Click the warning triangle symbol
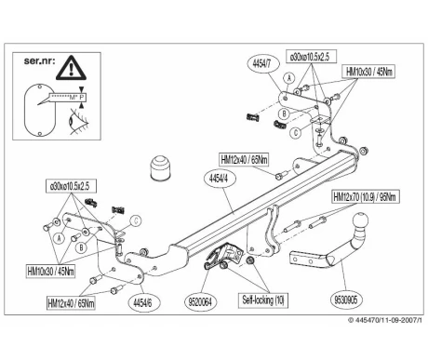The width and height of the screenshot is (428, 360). click(71, 68)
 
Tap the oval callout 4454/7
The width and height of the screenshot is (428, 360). click(263, 64)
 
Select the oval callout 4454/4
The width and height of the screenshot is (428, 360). click(220, 180)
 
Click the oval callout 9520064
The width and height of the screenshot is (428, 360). click(201, 301)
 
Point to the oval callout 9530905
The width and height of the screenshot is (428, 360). click(346, 300)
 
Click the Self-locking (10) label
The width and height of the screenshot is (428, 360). click(263, 300)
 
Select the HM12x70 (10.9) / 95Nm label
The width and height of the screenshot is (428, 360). click(366, 196)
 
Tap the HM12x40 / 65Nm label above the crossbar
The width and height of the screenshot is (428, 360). click(244, 160)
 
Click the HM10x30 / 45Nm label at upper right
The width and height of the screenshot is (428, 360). click(368, 72)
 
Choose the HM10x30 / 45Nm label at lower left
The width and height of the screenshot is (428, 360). click(50, 272)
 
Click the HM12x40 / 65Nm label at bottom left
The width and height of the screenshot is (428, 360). click(71, 303)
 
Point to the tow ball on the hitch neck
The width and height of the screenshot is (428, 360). click(360, 220)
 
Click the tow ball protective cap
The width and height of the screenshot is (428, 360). click(160, 168)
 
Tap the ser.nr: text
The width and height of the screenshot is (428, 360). click(39, 60)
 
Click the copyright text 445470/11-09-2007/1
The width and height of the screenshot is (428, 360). click(385, 320)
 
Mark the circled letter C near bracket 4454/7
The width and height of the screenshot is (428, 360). click(295, 133)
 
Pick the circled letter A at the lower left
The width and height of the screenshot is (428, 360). click(59, 238)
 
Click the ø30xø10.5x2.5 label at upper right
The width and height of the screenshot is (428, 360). click(311, 57)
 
